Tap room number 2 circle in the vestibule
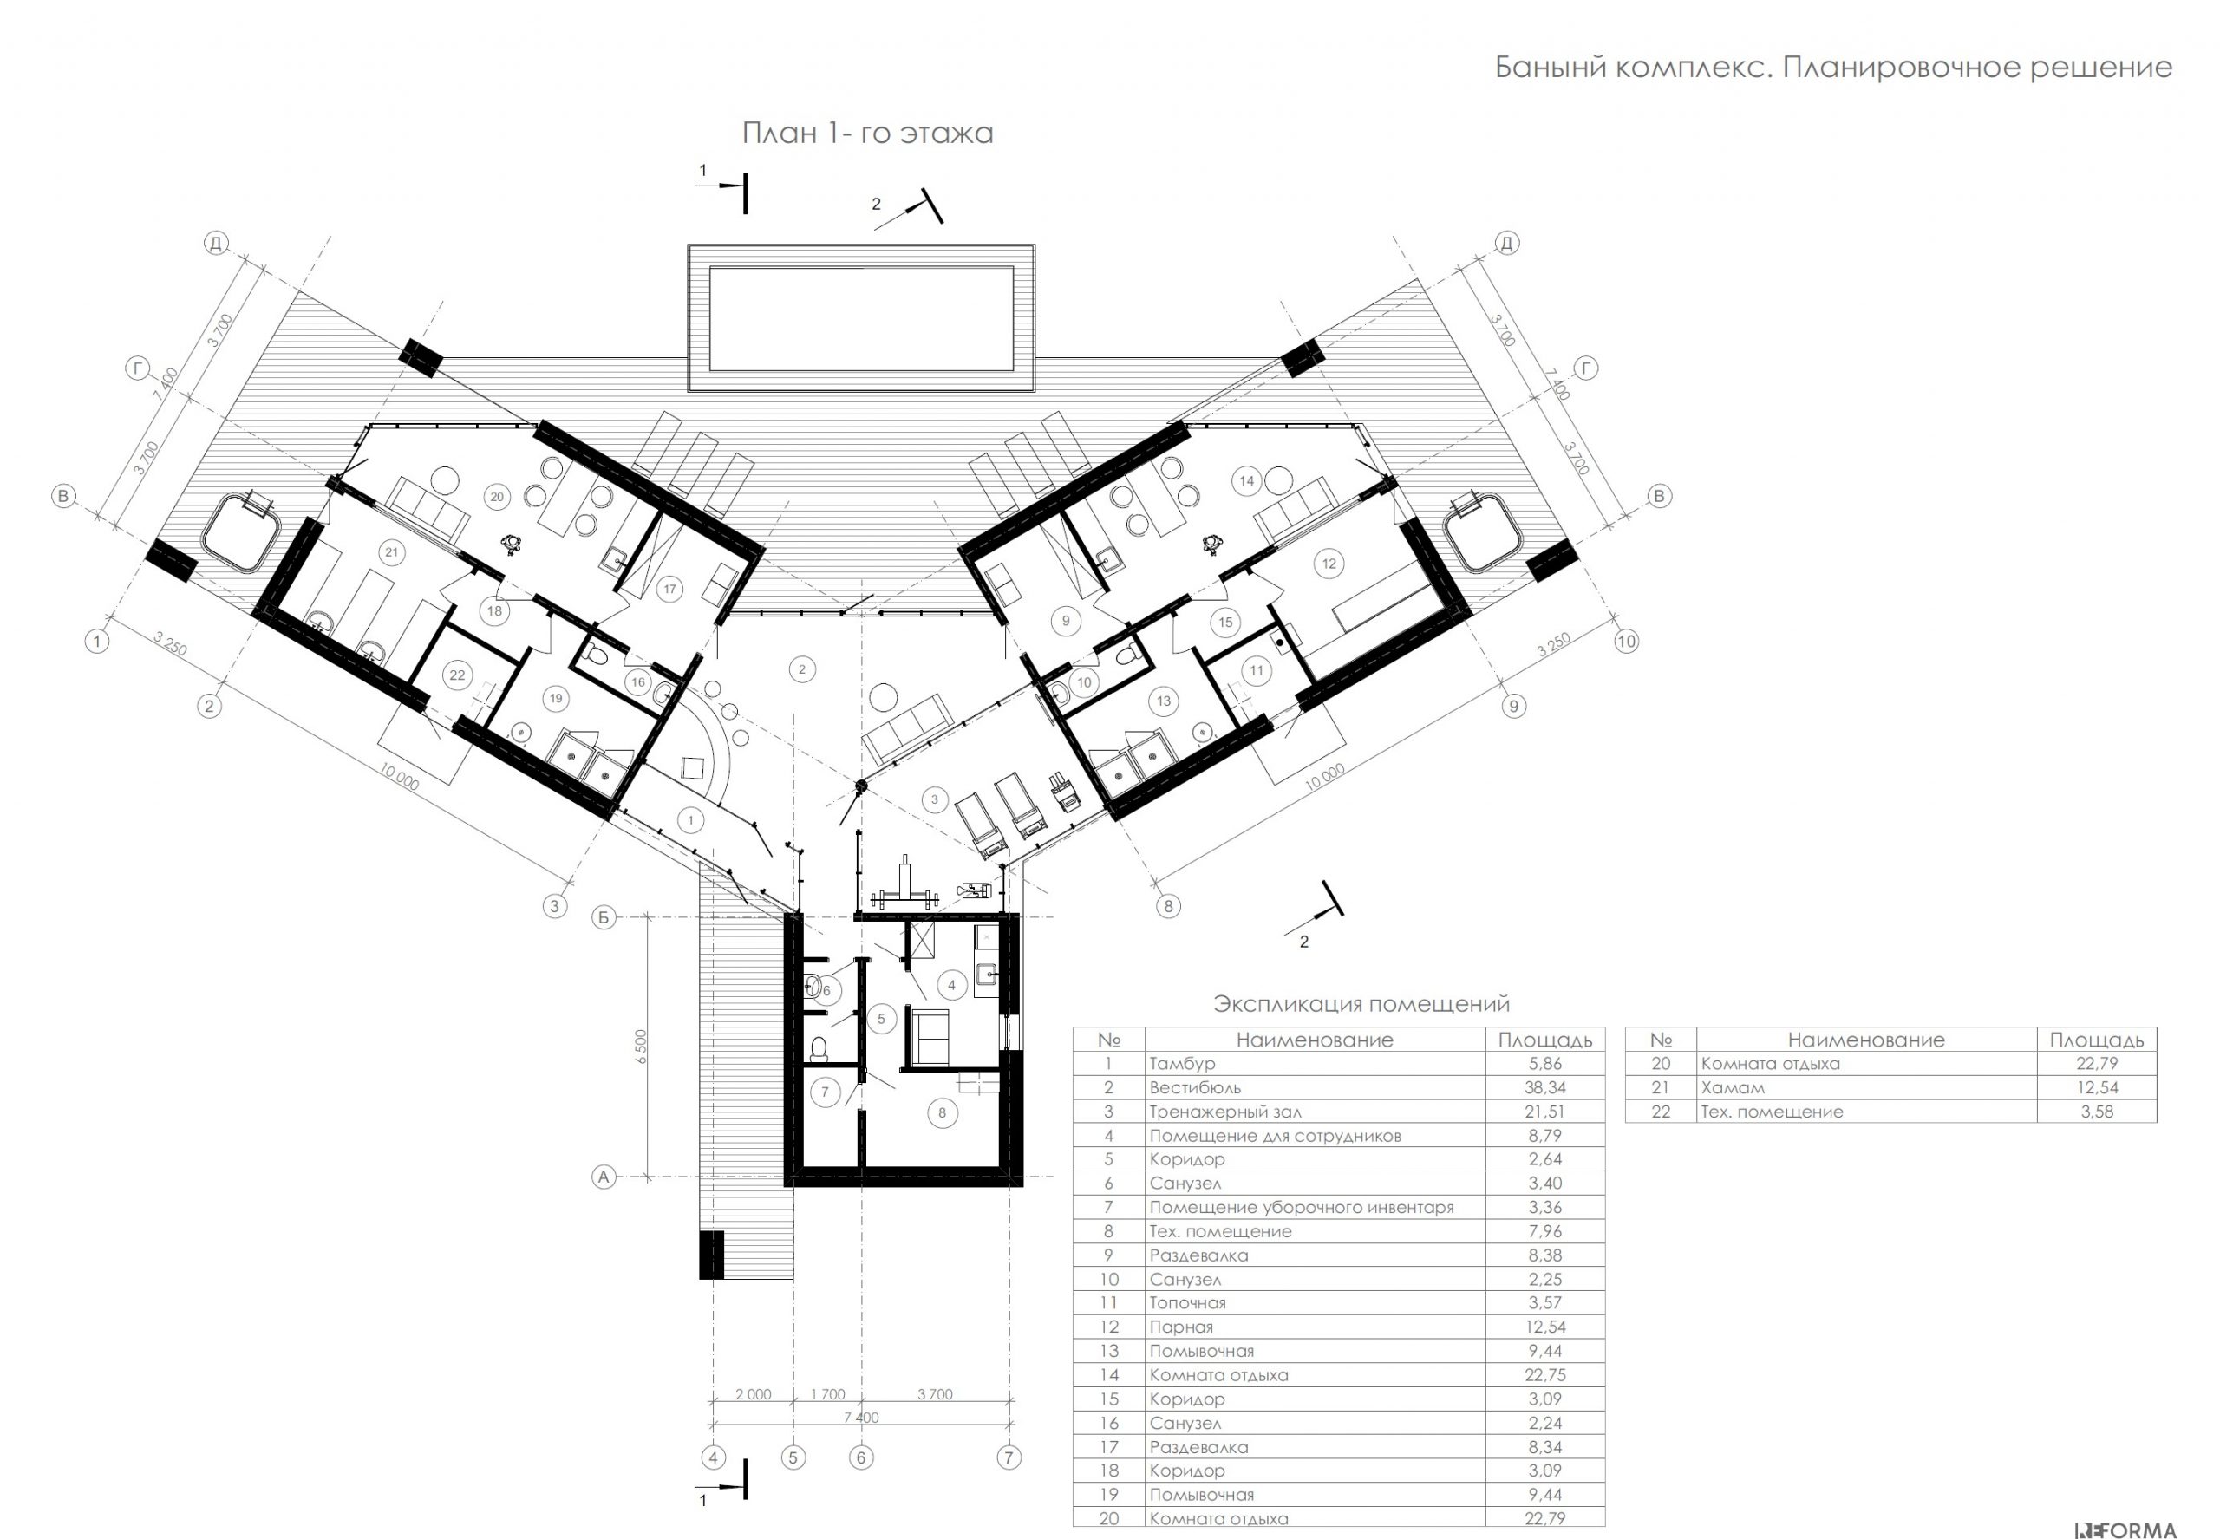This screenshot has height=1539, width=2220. click(x=801, y=669)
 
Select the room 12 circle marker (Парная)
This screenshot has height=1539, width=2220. click(x=1329, y=563)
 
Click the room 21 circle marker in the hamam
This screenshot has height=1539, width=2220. click(x=392, y=552)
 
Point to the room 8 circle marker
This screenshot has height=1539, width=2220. click(x=942, y=1112)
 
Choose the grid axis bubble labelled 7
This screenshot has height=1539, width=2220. click(x=1009, y=1457)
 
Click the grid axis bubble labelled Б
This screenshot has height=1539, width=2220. click(x=604, y=917)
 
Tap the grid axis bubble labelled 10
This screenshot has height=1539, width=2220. click(x=1626, y=642)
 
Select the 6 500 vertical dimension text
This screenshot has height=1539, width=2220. click(x=642, y=1047)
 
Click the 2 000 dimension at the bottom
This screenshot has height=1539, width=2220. click(x=754, y=1394)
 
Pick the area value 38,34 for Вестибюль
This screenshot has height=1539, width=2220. click(x=1545, y=1086)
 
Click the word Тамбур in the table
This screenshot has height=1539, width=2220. click(x=1182, y=1064)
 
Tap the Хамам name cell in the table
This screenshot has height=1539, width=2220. click(x=1733, y=1088)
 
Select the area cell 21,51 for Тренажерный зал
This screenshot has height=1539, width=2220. click(x=1545, y=1111)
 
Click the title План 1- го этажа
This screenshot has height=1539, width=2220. click(x=867, y=132)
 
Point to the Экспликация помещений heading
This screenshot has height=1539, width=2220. click(x=1361, y=1004)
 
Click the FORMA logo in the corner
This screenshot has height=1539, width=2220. click(x=2127, y=1529)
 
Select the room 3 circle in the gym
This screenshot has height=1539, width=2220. click(x=933, y=799)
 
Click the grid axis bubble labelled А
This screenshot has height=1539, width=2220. click(x=604, y=1177)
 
